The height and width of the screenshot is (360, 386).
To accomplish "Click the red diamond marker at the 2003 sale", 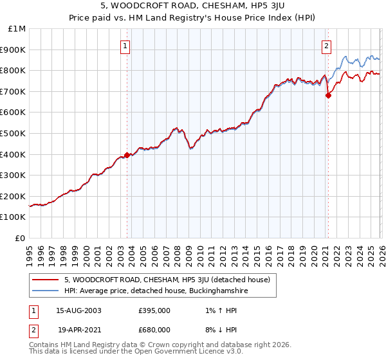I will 127,155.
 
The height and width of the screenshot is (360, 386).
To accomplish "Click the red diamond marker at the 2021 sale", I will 328,95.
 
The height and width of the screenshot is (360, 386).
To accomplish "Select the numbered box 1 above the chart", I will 125,46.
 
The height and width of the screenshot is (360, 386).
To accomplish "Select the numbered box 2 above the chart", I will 327,46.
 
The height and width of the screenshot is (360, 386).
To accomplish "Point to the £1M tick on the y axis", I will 17,29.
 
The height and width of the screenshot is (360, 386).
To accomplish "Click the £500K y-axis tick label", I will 14,134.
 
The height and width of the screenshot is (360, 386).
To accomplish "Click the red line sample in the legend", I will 45,280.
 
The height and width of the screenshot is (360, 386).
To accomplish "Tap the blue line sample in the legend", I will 45,291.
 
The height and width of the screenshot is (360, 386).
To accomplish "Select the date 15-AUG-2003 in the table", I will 78,310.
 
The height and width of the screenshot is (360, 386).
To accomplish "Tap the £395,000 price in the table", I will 154,310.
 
